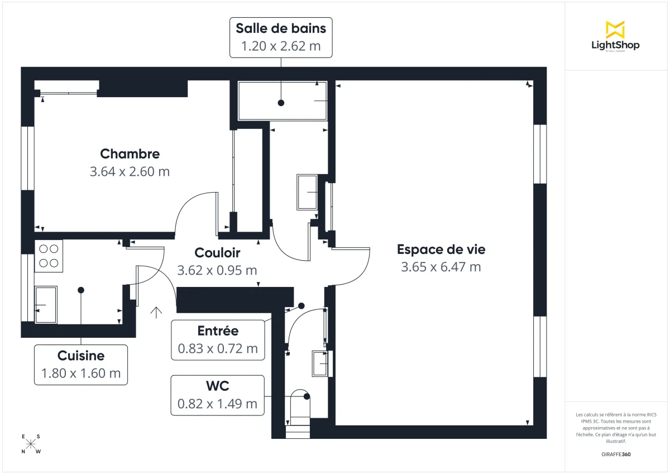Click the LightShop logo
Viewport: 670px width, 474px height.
(x=615, y=37)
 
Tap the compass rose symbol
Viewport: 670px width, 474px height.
(x=31, y=444)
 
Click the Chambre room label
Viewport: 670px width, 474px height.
(x=130, y=154)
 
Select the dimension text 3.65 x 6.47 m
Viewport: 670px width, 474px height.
(x=441, y=267)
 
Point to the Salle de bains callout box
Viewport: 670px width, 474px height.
(x=281, y=37)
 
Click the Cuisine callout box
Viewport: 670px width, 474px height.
(x=81, y=365)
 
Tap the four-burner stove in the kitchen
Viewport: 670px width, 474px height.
(x=49, y=256)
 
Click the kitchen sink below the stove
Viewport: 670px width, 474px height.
(x=46, y=305)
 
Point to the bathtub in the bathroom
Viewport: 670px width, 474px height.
(x=283, y=100)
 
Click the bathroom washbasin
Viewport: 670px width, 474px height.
(x=307, y=192)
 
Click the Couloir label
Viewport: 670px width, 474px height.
(x=217, y=253)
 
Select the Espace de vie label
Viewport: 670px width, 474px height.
(x=441, y=249)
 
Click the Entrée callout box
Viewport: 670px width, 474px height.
(x=218, y=340)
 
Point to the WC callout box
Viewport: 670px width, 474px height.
(x=217, y=395)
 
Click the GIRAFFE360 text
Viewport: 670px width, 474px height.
(x=616, y=454)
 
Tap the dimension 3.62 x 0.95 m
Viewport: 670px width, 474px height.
(x=217, y=271)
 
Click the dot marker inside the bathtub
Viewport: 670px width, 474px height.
(x=281, y=103)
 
